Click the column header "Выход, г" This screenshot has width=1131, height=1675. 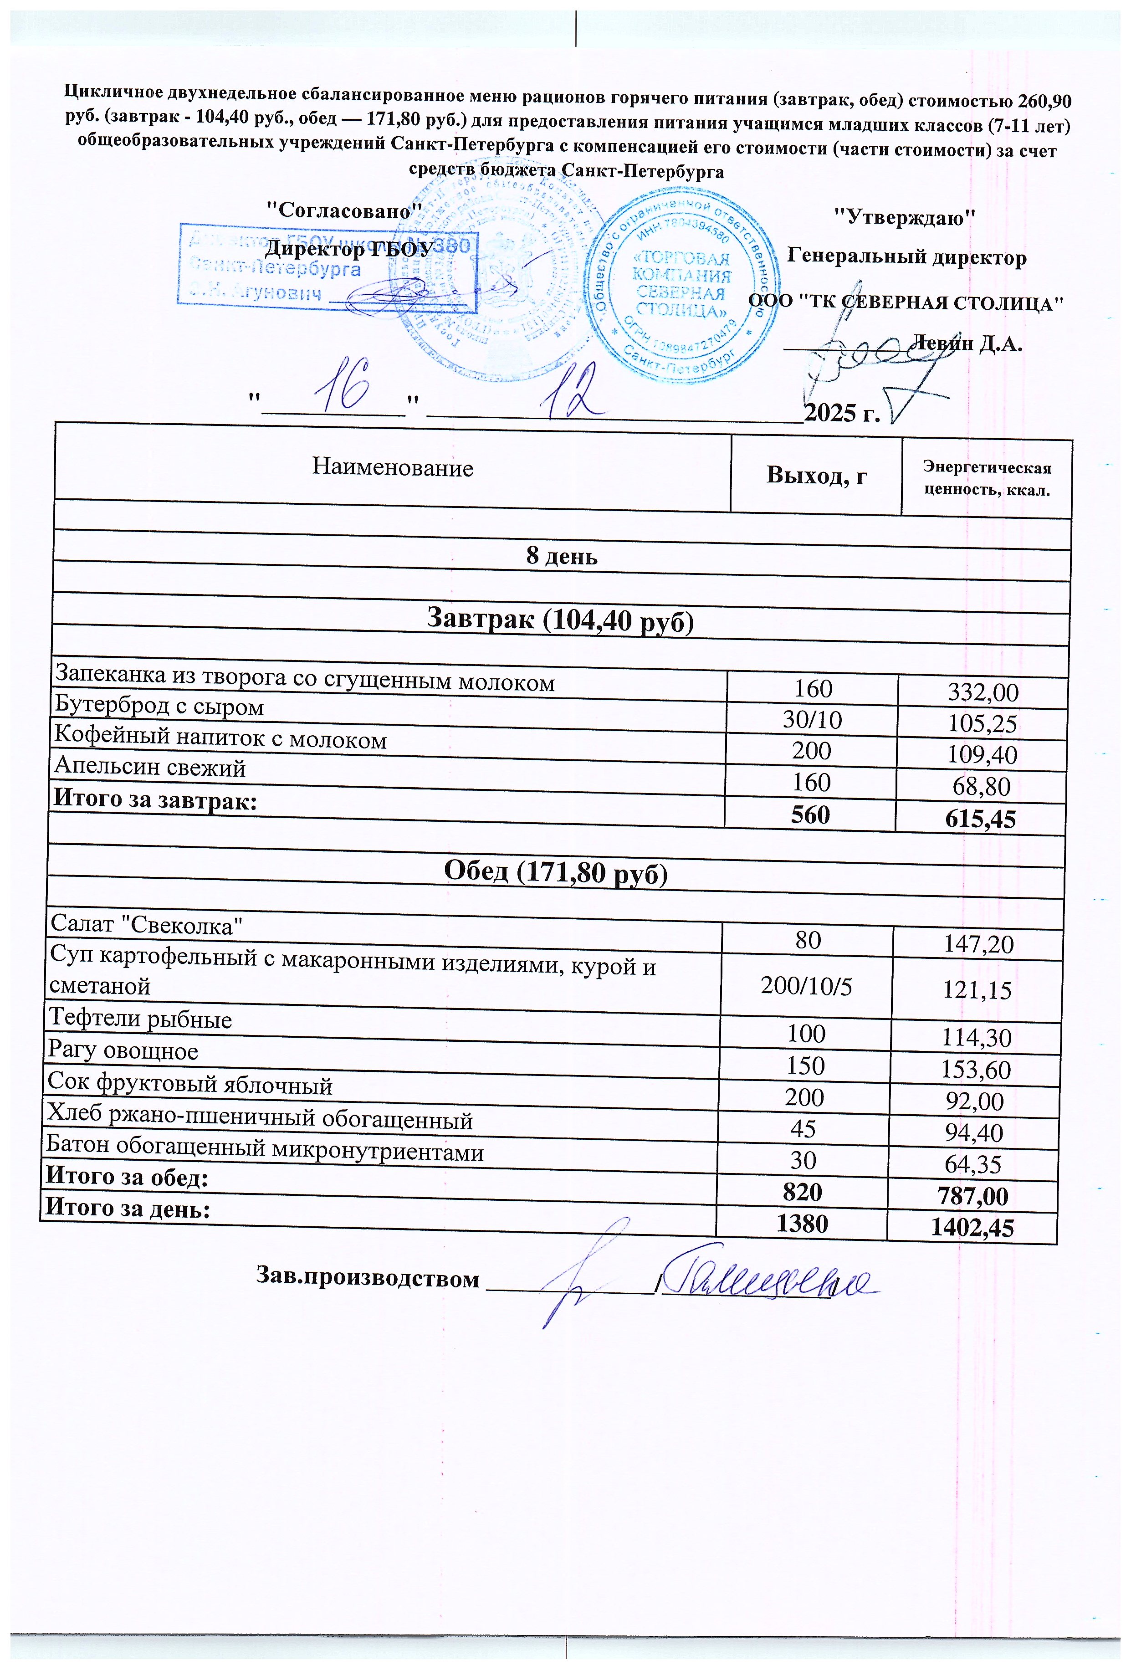(x=815, y=476)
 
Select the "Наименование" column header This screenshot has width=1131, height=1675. (x=392, y=468)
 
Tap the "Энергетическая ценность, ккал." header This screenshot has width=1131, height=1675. (x=986, y=479)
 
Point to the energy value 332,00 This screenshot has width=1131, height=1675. (x=983, y=692)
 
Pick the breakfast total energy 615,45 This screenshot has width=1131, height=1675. (x=982, y=819)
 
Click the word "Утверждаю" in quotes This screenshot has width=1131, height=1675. (x=904, y=217)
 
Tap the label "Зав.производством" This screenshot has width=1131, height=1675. (x=368, y=1279)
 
